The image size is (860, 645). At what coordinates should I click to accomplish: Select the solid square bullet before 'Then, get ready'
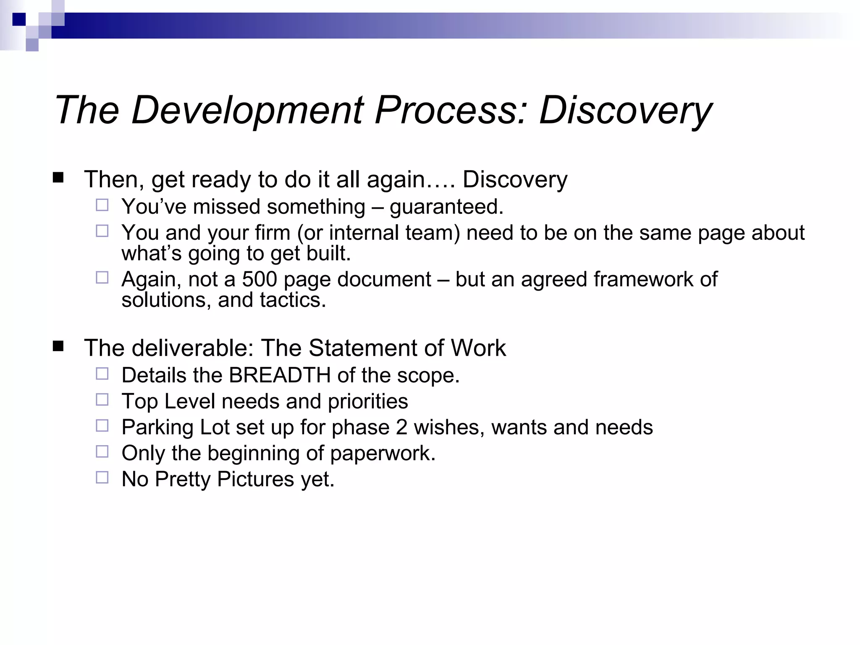coord(58,178)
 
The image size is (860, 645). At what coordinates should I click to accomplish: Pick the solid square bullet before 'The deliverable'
coord(58,346)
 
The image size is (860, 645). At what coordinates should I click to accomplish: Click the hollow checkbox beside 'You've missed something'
coord(102,205)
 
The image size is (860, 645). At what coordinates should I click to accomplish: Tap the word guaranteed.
coord(446,207)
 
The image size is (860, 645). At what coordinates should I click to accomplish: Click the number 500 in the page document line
coord(259,279)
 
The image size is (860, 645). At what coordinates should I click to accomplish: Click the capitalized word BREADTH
coord(280,375)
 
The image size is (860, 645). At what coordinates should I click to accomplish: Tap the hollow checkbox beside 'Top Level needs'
coord(102,399)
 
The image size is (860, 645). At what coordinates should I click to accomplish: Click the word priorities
coord(368,401)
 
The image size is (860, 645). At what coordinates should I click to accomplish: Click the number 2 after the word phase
coord(401,427)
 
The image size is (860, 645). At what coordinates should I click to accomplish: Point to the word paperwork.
coord(382,454)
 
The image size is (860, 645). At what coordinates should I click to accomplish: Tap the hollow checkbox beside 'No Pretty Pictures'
coord(102,477)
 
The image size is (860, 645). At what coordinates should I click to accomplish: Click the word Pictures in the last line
coord(255,479)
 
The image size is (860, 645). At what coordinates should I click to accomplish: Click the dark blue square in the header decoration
coord(19,19)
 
